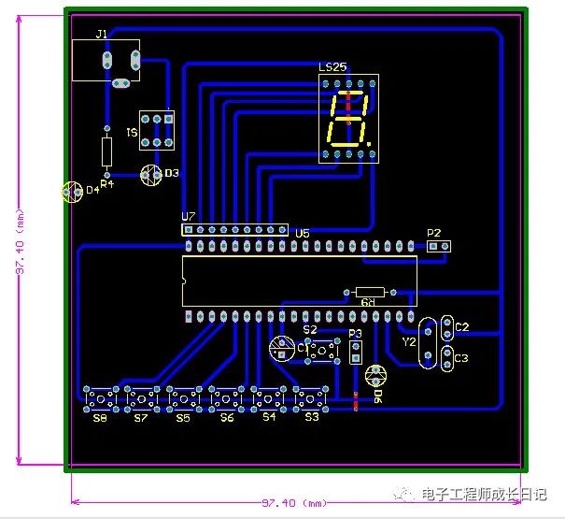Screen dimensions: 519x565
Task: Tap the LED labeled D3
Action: pos(150,175)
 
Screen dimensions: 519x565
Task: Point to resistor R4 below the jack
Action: pos(106,150)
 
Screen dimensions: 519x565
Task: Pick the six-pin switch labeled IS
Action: pos(157,131)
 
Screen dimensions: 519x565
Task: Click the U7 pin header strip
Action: pos(233,229)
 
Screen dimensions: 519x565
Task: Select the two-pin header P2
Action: pos(439,246)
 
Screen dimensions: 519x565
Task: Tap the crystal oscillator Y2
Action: pos(429,343)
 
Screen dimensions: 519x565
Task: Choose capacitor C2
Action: pos(447,328)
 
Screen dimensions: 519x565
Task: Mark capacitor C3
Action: pos(447,357)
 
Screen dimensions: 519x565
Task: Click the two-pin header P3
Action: pos(356,352)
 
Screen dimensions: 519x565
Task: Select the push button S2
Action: pos(323,351)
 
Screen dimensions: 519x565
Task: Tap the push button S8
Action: pos(100,399)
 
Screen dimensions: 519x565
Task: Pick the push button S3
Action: pos(311,399)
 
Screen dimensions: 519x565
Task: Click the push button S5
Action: pos(184,399)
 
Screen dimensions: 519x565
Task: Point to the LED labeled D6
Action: pos(375,376)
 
